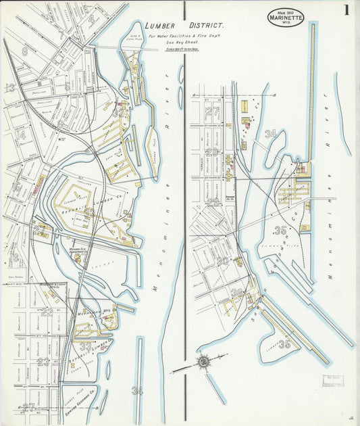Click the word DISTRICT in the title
click(203, 26)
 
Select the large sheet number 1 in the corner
click(345, 10)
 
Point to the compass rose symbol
click(203, 362)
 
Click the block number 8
click(25, 51)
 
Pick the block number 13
click(10, 87)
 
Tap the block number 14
click(20, 135)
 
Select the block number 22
click(46, 312)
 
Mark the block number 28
click(213, 152)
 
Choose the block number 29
click(213, 202)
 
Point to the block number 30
click(222, 260)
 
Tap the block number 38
click(236, 293)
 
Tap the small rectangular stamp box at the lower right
click(332, 381)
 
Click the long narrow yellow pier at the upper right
click(311, 95)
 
